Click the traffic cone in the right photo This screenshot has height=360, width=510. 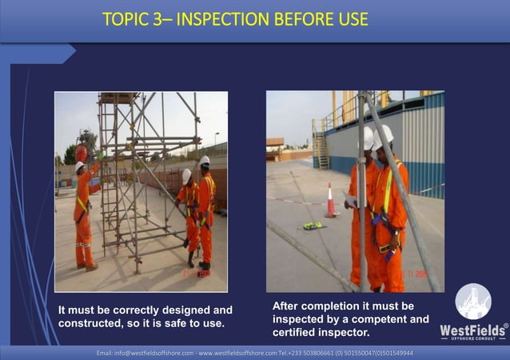331,201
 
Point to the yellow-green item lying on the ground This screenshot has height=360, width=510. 313,226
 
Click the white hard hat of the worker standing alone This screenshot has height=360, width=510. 80,166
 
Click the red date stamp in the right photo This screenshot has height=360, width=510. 416,274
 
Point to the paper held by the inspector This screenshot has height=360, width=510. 349,198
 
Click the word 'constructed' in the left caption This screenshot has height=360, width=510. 91,324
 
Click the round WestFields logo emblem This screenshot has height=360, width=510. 472,302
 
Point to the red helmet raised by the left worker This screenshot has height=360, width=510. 82,150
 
